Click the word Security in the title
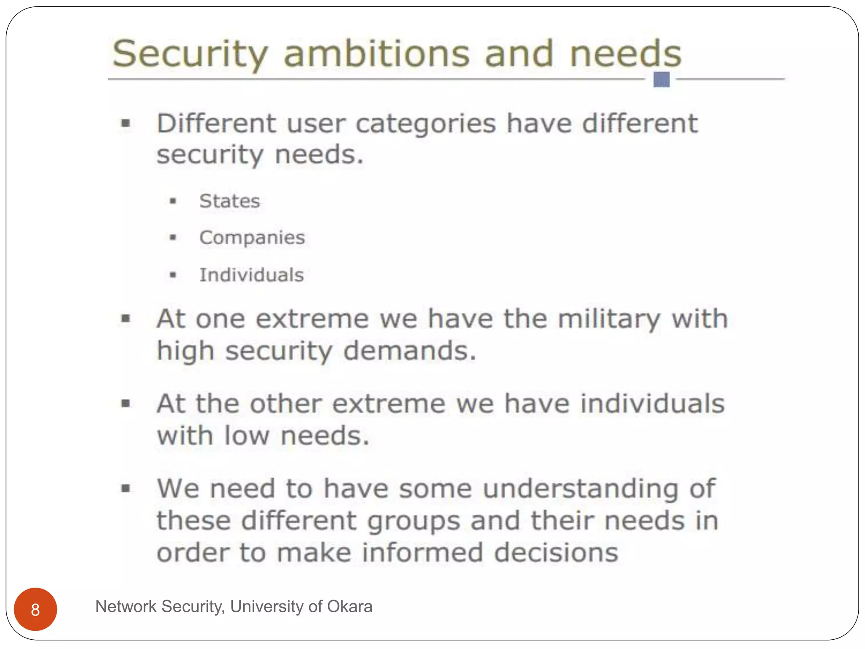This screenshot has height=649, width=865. (x=190, y=54)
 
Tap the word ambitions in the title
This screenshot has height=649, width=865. (x=376, y=54)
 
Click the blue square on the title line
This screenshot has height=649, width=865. (x=661, y=79)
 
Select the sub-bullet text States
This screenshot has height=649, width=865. (x=229, y=201)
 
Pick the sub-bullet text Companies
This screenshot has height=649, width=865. (x=252, y=237)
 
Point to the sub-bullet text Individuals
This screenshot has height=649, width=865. (x=251, y=275)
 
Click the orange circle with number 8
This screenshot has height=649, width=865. (x=35, y=609)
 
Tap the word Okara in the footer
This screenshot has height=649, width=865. (x=349, y=607)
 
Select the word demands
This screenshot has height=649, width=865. (x=410, y=351)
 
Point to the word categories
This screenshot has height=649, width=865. (x=426, y=124)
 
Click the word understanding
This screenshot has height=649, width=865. (x=581, y=489)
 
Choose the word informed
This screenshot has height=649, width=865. (x=422, y=553)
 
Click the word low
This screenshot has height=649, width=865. (x=247, y=436)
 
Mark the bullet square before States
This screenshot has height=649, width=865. (x=173, y=201)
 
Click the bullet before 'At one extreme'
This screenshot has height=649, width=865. (x=126, y=319)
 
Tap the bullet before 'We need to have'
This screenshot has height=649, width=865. (x=126, y=489)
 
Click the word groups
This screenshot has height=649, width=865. (x=413, y=521)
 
